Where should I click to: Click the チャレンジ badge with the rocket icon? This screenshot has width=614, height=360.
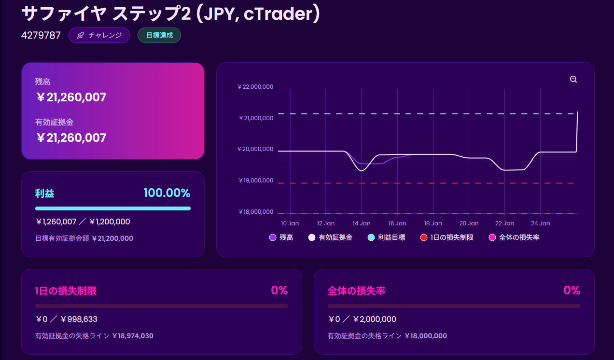click(x=99, y=35)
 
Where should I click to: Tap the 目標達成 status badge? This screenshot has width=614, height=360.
click(x=159, y=35)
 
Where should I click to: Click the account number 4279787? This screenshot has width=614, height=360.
click(x=41, y=35)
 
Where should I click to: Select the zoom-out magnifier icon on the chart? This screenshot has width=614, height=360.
click(x=573, y=79)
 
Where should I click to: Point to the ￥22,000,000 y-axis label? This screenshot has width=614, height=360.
click(x=255, y=87)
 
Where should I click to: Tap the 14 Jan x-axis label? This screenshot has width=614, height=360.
click(x=362, y=223)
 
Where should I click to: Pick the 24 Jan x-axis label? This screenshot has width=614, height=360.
click(x=540, y=223)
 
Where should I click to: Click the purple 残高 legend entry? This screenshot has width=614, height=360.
click(x=281, y=237)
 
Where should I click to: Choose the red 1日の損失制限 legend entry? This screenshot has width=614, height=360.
click(x=447, y=237)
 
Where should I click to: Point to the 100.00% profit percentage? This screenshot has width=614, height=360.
click(x=167, y=194)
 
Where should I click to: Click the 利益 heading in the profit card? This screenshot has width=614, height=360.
click(x=44, y=194)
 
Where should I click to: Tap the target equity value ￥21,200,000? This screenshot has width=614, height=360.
click(x=112, y=238)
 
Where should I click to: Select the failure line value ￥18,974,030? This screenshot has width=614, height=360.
click(x=132, y=336)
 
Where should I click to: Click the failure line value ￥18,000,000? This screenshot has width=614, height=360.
click(x=425, y=336)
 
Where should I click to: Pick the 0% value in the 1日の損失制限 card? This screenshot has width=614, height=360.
click(x=279, y=291)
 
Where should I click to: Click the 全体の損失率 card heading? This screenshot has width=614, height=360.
click(x=356, y=291)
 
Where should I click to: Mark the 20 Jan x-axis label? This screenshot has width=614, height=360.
click(x=469, y=223)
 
